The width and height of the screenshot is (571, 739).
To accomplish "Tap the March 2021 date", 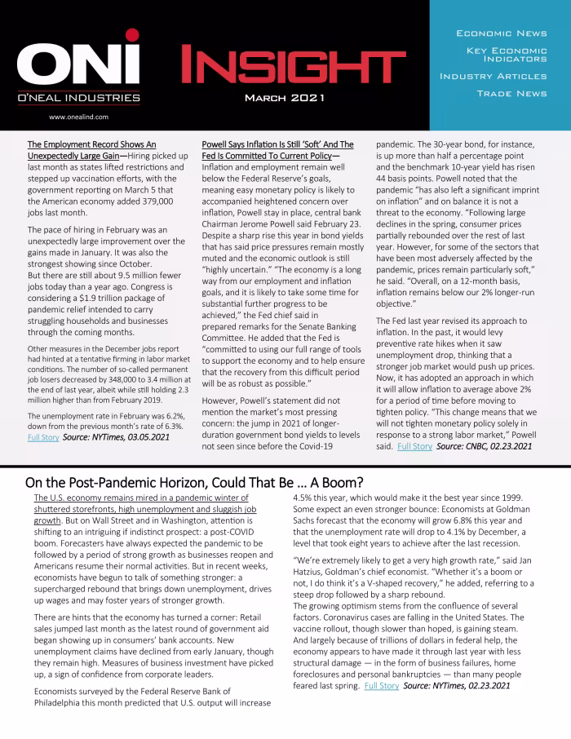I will coord(285,98).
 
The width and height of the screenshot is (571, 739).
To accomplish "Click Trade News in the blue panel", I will coord(511,94).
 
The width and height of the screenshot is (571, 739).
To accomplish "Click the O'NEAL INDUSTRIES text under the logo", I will coord(78,98).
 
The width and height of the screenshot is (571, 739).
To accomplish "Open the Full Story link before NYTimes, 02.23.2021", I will coord(381,686).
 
